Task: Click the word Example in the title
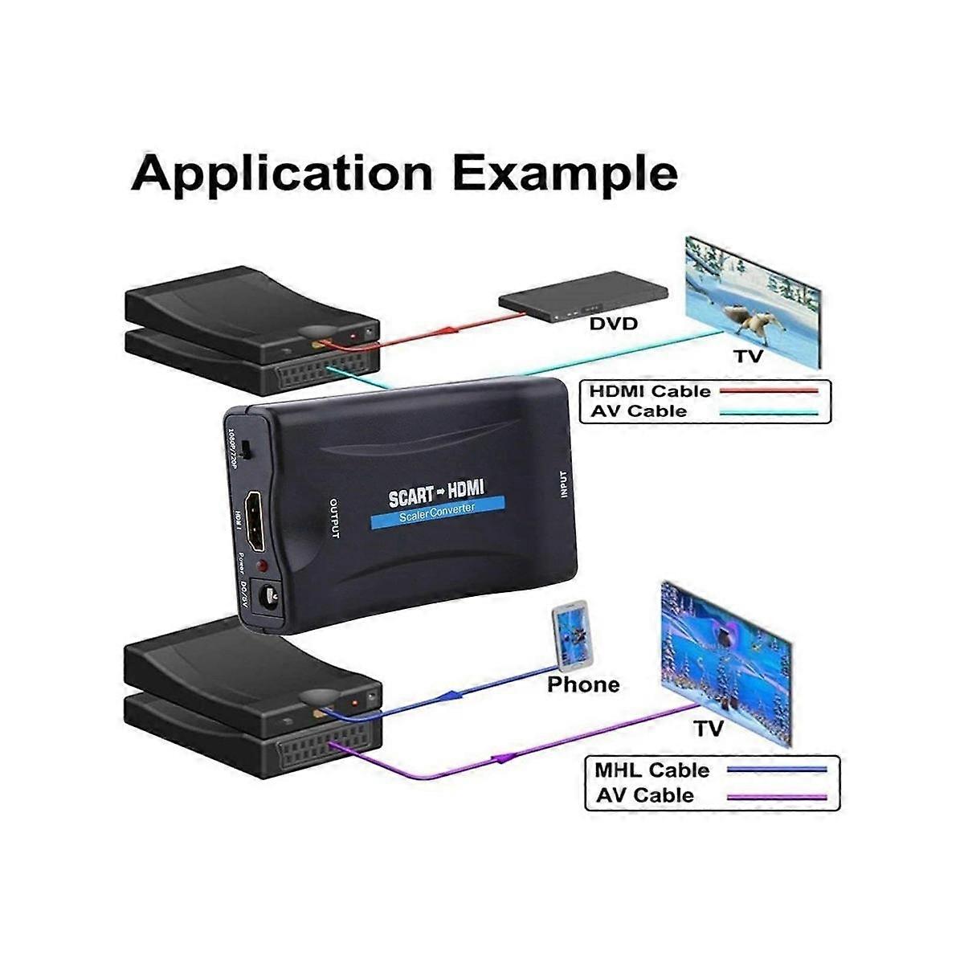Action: pyautogui.click(x=565, y=174)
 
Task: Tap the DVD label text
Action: pyautogui.click(x=613, y=324)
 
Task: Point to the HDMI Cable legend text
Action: pyautogui.click(x=650, y=391)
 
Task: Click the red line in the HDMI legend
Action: pyautogui.click(x=769, y=391)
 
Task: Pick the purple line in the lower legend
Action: pyautogui.click(x=776, y=797)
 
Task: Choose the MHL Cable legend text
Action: pyautogui.click(x=652, y=770)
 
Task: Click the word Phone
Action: pyautogui.click(x=583, y=684)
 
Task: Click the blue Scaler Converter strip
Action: pyautogui.click(x=438, y=513)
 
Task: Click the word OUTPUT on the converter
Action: pyautogui.click(x=335, y=519)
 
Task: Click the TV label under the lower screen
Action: pyautogui.click(x=709, y=728)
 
